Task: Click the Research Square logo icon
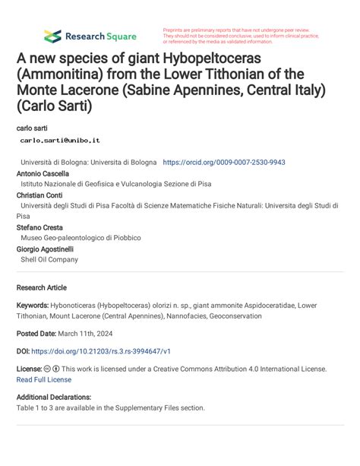[52, 36]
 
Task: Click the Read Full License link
[44, 379]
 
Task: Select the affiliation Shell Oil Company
[49, 259]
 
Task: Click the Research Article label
[41, 287]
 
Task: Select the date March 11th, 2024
[91, 334]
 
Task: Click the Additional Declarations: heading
[54, 397]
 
